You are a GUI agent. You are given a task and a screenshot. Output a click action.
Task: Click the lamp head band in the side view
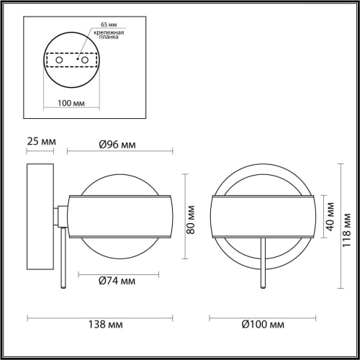(120, 215)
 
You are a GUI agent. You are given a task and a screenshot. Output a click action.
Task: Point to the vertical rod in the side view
(66, 259)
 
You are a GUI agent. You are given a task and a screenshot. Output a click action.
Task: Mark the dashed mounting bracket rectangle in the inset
(71, 60)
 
